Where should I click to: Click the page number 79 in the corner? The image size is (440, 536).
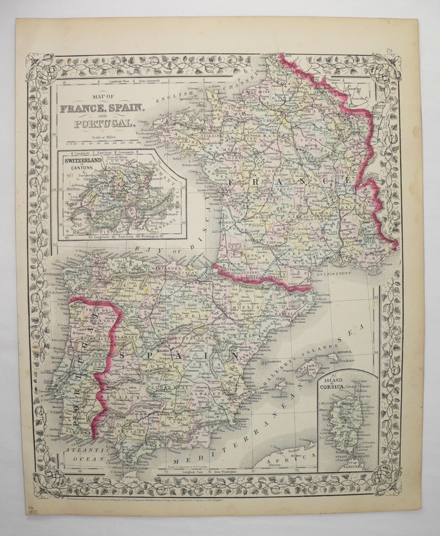point(390,51)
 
